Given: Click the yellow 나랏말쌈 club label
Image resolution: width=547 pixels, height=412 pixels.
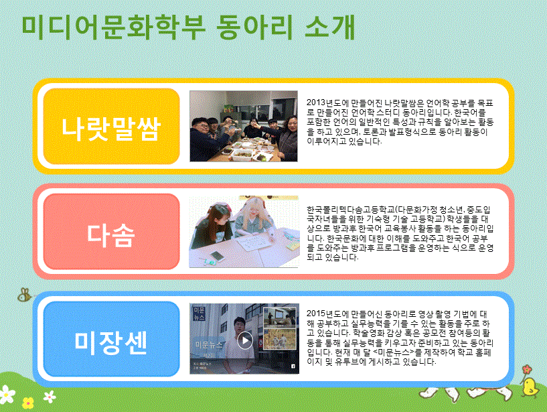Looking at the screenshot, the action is (x=111, y=127).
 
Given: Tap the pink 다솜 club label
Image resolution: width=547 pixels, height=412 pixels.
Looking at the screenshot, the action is (x=111, y=232).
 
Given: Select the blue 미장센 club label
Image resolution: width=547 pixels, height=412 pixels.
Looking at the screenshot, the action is (x=111, y=339).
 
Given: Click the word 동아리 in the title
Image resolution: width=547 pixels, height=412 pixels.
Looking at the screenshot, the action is (x=254, y=27).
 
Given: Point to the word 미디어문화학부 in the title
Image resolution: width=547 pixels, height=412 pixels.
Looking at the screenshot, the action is (x=114, y=27).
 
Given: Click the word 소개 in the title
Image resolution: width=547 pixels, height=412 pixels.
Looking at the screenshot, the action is (x=330, y=27).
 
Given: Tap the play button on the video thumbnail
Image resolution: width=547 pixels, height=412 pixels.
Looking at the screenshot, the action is (x=245, y=340).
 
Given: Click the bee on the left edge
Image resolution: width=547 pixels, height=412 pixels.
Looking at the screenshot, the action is (x=25, y=295).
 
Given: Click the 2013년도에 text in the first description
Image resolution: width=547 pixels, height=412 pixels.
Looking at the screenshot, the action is (x=327, y=103).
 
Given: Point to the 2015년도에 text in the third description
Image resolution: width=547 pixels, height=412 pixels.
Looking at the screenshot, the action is (x=327, y=314).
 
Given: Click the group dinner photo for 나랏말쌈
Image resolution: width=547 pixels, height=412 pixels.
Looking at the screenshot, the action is (x=244, y=126).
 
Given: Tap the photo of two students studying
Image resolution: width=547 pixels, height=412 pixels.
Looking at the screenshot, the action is (x=244, y=232).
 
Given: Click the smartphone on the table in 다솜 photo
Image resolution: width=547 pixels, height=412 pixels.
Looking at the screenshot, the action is (x=217, y=256).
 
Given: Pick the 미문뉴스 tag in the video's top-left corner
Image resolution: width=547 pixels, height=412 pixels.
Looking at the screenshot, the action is (x=200, y=314).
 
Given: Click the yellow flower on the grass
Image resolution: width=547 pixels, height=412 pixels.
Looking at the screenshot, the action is (x=28, y=403).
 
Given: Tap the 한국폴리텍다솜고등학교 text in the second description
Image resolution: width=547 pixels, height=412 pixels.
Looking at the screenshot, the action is (x=351, y=210).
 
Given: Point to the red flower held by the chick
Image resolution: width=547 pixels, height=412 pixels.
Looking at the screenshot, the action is (x=527, y=369).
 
